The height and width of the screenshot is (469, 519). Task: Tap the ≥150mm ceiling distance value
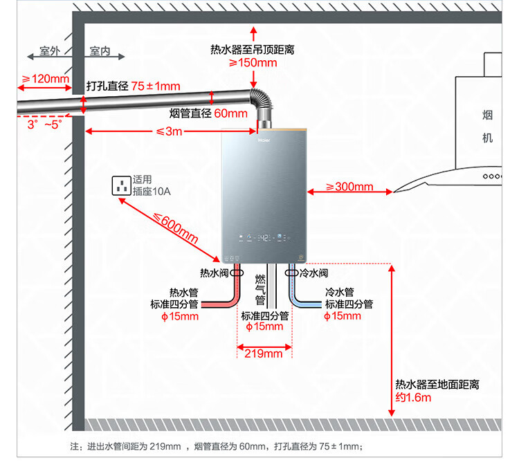click(x=253, y=63)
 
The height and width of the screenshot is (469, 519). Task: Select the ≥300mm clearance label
click(x=349, y=187)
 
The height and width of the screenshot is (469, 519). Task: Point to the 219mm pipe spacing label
click(x=264, y=353)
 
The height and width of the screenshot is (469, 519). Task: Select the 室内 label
click(x=100, y=52)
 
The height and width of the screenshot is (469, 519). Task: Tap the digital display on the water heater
click(x=264, y=239)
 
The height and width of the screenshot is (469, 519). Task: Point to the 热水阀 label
click(x=214, y=273)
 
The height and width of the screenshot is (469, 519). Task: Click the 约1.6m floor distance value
click(x=413, y=398)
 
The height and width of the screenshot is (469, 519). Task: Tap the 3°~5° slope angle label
click(x=44, y=125)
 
